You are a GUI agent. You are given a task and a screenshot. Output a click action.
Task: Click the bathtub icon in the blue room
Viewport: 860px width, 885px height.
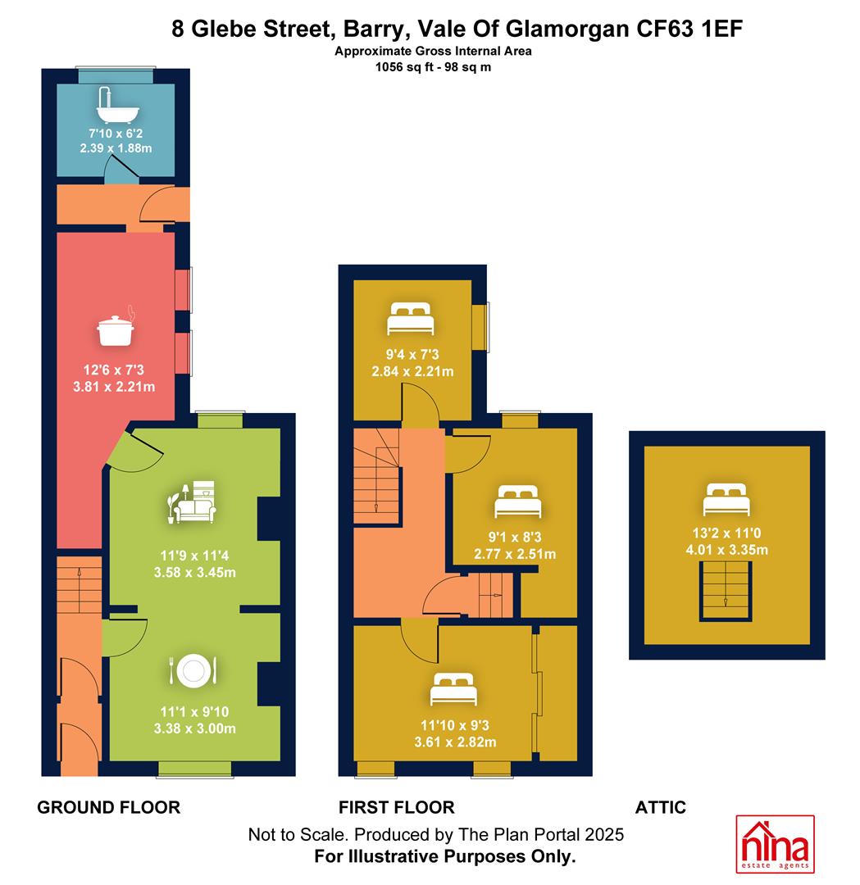117,105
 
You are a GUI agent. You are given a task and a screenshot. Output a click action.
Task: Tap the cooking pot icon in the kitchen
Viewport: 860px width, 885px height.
116,326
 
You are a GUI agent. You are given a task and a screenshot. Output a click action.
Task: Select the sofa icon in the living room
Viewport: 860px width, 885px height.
192,501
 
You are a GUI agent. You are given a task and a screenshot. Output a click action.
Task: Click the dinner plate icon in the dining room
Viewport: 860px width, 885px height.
193,671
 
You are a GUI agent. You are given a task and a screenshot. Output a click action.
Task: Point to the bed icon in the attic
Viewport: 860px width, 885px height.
726,500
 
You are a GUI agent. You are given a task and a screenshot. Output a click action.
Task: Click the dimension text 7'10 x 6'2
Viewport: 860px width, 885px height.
116,134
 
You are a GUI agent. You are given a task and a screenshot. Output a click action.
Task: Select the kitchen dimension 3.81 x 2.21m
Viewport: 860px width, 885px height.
114,387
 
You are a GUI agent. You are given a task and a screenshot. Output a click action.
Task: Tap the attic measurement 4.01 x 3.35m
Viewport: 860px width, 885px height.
726,550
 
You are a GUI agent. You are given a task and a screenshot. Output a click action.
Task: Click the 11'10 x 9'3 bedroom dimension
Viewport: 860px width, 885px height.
455,725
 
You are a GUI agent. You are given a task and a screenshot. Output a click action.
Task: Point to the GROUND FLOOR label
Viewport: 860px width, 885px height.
109,807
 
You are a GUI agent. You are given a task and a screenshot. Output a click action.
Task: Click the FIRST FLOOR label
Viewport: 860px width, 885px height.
397,807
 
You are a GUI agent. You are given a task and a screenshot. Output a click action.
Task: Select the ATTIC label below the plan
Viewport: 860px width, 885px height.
661,807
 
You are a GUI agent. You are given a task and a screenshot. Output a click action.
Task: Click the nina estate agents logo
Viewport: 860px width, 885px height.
775,844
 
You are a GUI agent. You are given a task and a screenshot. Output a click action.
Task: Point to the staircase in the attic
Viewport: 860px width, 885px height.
726,592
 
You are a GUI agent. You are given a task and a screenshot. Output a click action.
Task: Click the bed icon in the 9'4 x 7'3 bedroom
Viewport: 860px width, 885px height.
411,319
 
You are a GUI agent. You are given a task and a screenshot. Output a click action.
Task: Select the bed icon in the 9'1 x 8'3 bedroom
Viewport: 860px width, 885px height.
518,501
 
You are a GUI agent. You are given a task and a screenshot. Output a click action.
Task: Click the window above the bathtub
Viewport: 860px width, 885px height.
116,75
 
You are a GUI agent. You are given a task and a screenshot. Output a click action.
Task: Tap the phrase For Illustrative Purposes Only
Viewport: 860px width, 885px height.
445,856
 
